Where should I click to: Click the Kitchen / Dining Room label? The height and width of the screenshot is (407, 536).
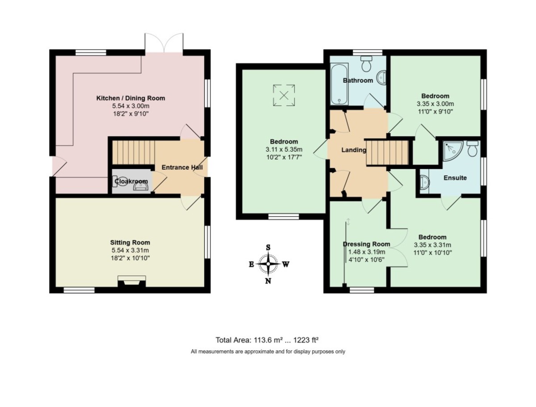pyautogui.click(x=131, y=98)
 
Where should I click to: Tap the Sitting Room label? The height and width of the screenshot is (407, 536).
pyautogui.click(x=130, y=243)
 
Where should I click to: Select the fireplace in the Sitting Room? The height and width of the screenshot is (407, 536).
pyautogui.click(x=131, y=282)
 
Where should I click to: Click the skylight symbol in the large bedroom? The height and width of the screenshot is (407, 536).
pyautogui.click(x=283, y=94)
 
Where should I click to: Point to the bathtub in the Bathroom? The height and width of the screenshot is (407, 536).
pyautogui.click(x=336, y=83)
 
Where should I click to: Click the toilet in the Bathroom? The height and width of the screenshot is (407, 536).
pyautogui.click(x=367, y=65)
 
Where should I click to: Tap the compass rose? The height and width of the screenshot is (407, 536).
pyautogui.click(x=268, y=264)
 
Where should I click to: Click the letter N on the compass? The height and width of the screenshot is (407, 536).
pyautogui.click(x=268, y=281)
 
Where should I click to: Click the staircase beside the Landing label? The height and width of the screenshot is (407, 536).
pyautogui.click(x=388, y=152)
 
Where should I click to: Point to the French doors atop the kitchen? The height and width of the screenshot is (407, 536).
pyautogui.click(x=164, y=44)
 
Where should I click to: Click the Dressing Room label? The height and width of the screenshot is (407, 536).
pyautogui.click(x=366, y=244)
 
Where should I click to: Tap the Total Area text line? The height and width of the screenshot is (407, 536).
pyautogui.click(x=268, y=339)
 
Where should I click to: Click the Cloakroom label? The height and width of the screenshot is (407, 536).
pyautogui.click(x=131, y=181)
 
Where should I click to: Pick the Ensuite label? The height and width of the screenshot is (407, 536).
pyautogui.click(x=455, y=178)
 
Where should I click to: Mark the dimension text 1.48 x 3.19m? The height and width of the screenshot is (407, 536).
pyautogui.click(x=366, y=252)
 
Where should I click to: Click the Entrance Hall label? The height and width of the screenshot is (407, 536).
pyautogui.click(x=182, y=167)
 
